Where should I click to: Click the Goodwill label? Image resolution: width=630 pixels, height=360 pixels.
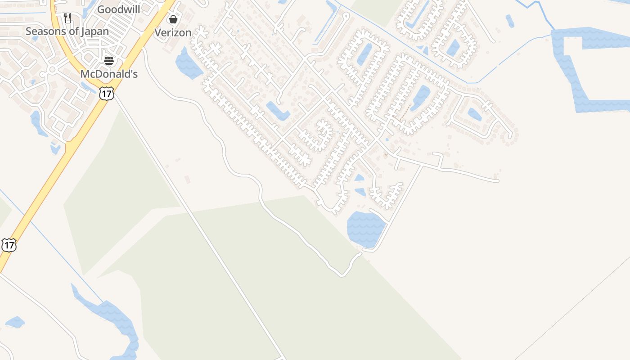(119, 9)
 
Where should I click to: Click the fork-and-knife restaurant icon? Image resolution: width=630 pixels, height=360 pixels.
(67, 18)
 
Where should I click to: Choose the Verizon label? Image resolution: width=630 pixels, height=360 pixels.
(173, 33)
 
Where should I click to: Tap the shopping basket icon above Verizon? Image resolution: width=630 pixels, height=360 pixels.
(173, 19)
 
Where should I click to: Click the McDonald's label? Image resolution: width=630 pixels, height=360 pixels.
(109, 74)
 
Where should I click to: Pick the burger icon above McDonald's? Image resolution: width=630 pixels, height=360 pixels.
(109, 60)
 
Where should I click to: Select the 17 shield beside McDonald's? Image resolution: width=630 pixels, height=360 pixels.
(107, 94)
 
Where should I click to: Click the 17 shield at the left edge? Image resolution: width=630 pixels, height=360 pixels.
(9, 245)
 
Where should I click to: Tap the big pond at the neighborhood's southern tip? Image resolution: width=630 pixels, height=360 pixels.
(366, 229)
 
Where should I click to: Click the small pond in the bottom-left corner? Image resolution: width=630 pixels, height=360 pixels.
(15, 322)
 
